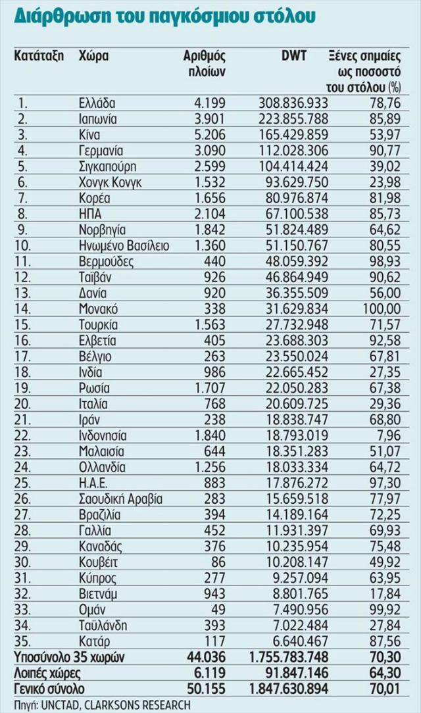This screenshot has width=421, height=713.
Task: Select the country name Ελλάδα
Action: coord(96,103)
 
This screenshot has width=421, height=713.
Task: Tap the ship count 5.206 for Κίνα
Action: coord(210,134)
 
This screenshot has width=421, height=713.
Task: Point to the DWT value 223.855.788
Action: coord(289,118)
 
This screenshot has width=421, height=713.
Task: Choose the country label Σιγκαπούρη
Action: coord(107,166)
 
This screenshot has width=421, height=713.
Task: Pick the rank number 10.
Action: coord(26,245)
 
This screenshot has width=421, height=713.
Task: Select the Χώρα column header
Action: coord(93,56)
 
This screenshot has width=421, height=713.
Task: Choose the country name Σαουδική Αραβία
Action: coord(120,498)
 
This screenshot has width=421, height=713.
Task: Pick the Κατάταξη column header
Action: coord(38,56)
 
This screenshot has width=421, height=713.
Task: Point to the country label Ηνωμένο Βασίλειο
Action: coord(123,245)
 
